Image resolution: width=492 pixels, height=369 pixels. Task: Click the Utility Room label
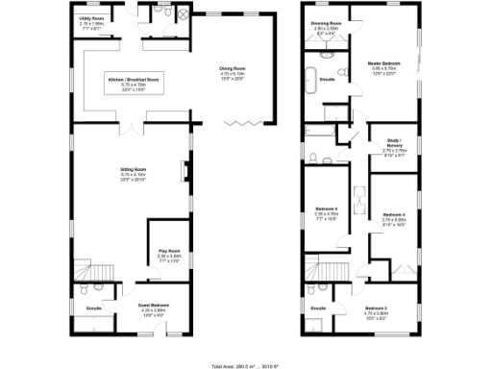pyautogui.click(x=92, y=19)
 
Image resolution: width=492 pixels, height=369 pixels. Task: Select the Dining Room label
pyautogui.click(x=234, y=71)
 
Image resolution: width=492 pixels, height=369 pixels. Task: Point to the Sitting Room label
pyautogui.click(x=132, y=172)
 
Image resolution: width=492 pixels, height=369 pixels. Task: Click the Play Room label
pyautogui.click(x=170, y=256)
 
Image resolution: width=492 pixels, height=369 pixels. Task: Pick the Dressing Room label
pyautogui.click(x=326, y=27)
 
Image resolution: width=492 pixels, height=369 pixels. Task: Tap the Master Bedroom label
pyautogui.click(x=386, y=66)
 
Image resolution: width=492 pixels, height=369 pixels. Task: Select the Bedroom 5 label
pyautogui.click(x=327, y=210)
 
